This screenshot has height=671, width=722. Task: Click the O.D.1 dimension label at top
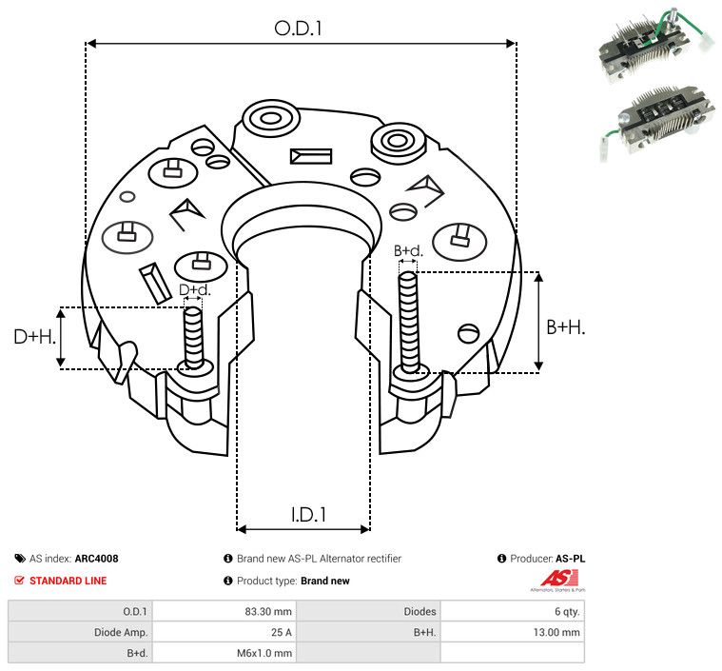click(x=299, y=29)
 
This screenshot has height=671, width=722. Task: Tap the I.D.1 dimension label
click(x=309, y=515)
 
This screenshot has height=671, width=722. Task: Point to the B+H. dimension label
click(x=565, y=326)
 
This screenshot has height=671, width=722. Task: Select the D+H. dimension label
click(x=36, y=337)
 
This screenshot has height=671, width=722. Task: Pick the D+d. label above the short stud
click(x=193, y=289)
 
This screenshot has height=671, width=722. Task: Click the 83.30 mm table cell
click(x=271, y=611)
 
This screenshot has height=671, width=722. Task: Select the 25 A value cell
click(x=282, y=632)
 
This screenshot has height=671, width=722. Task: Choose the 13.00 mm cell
click(x=557, y=632)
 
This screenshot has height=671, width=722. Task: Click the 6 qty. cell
click(x=564, y=611)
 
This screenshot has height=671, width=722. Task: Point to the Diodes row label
click(x=419, y=611)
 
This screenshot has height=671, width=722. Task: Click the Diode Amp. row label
click(x=122, y=632)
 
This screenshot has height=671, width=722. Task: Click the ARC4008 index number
click(x=96, y=559)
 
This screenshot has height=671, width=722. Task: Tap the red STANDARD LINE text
click(x=68, y=581)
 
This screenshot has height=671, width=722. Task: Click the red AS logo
click(x=555, y=578)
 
